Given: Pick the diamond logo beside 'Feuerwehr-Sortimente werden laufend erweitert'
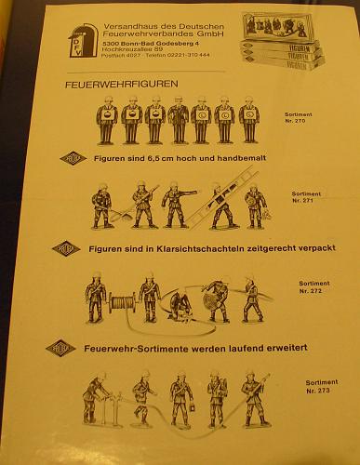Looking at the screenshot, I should coord(58,348).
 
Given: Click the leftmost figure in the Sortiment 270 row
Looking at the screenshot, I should coord(106,121).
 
